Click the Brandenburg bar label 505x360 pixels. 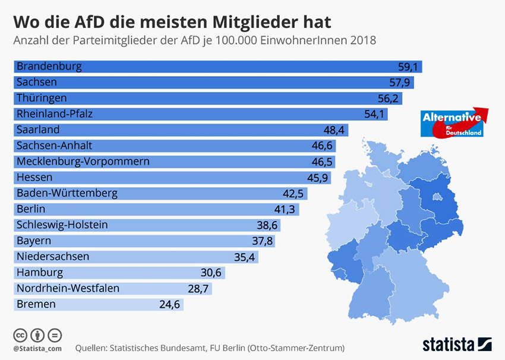[x=49, y=66]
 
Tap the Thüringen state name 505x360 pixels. [x=42, y=97]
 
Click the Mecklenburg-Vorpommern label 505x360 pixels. [x=83, y=161]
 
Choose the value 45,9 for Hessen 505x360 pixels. [x=317, y=177]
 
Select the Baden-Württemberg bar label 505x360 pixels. [x=67, y=193]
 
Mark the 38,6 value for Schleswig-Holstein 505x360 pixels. [x=267, y=225]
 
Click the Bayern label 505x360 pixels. [x=34, y=241]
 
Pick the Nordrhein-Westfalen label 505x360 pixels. [x=68, y=288]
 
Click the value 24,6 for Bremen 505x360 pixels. [x=171, y=304]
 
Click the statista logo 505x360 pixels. [x=457, y=344]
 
